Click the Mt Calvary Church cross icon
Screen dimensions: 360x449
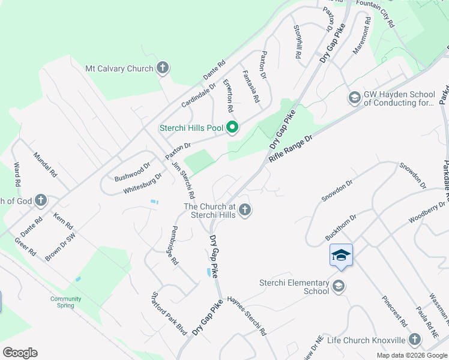pos(163,68)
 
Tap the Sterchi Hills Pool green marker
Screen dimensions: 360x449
pos(232,127)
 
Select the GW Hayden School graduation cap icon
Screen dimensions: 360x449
pos(354,97)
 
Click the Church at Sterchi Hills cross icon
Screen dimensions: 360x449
pos(244,210)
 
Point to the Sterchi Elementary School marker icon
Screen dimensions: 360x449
pos(339,286)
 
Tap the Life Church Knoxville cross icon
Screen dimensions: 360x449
pos(415,340)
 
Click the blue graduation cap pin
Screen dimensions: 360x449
pos(340,256)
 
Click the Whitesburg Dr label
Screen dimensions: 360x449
pos(143,183)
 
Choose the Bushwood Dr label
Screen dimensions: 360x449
pos(132,172)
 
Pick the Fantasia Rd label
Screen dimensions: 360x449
pos(250,86)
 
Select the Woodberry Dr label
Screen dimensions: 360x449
pos(428,212)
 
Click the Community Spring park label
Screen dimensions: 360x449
pos(65,302)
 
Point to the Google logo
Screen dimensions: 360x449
pos(20,353)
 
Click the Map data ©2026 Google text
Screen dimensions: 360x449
pos(411,355)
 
